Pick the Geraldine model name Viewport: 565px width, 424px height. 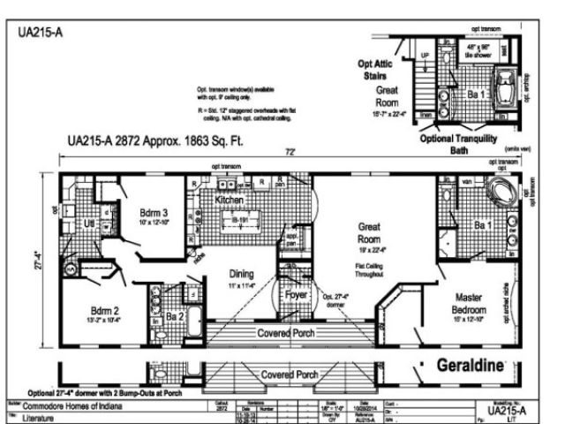[470, 365]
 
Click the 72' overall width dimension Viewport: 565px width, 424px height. [290, 153]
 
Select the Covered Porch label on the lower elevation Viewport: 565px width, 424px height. [290, 375]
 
